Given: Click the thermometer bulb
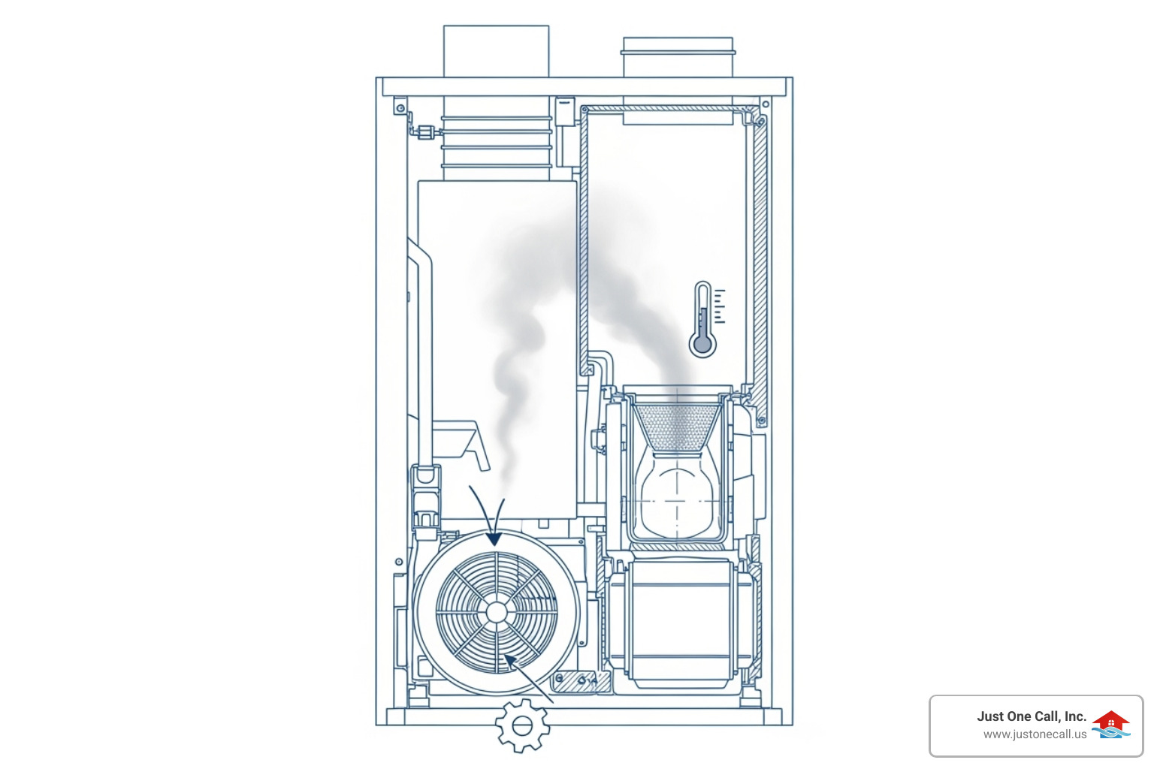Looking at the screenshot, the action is [x=702, y=345].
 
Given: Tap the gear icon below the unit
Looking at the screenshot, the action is [x=522, y=725].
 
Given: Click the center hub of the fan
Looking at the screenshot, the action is [x=497, y=612].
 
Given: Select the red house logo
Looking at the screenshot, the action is [x=1110, y=721].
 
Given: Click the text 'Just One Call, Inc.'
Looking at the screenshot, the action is [x=1032, y=716].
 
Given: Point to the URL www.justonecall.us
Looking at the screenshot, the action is [x=1035, y=734].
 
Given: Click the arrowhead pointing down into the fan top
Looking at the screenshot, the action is [x=494, y=538].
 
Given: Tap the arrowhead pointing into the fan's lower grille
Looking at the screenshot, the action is [x=510, y=661].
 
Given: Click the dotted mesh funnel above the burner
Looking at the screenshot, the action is [x=677, y=426].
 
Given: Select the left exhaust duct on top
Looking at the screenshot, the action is [x=496, y=52].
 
